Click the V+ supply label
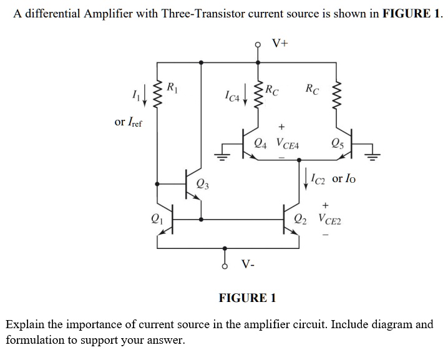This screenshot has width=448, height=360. click(280, 43)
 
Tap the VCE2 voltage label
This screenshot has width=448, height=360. click(329, 219)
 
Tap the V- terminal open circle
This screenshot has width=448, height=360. click(225, 265)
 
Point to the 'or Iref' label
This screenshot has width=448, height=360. click(129, 122)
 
